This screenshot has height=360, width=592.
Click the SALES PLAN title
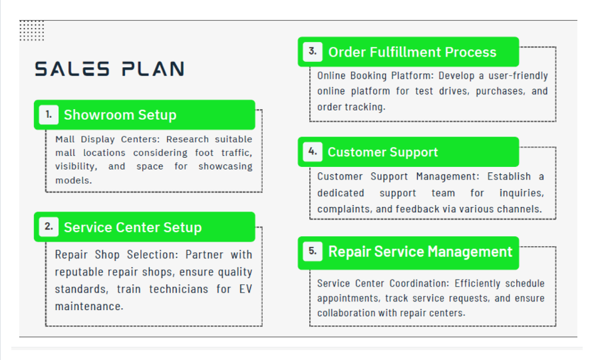click(x=110, y=69)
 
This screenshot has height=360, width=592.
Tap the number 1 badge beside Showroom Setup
click(x=49, y=114)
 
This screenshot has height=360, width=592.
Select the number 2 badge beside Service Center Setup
click(x=49, y=227)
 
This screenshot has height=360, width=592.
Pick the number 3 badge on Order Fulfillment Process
click(x=313, y=51)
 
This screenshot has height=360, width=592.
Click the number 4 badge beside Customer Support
click(x=313, y=152)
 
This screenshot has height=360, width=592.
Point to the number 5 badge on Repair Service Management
click(x=313, y=252)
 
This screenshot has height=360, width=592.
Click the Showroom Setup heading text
click(x=120, y=115)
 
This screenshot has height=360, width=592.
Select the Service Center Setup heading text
click(x=133, y=228)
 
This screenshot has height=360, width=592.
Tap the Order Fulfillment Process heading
click(x=412, y=52)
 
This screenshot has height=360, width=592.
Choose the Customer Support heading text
click(x=383, y=152)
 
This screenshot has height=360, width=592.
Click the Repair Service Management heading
click(x=420, y=252)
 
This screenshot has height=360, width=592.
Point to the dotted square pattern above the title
click(x=32, y=30)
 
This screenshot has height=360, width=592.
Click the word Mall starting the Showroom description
click(x=65, y=139)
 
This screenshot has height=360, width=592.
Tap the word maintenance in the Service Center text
click(x=89, y=306)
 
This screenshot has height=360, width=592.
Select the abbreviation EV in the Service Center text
click(x=245, y=289)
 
